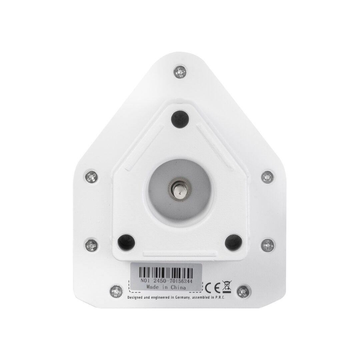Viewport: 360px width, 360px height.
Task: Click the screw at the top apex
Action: click(180, 72)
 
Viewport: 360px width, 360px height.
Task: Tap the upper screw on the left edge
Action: click(91, 177)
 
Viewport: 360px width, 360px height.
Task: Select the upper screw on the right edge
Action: click(268, 177)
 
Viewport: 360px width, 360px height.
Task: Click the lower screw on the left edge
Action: click(92, 245)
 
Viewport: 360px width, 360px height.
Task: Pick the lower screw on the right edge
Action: click(268, 245)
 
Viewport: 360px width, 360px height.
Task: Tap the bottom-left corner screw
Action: click(116, 292)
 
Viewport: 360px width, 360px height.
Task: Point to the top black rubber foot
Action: click(180, 119)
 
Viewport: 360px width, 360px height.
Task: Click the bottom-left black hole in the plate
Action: click(126, 243)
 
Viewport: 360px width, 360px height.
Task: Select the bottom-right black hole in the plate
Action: click(233, 243)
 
